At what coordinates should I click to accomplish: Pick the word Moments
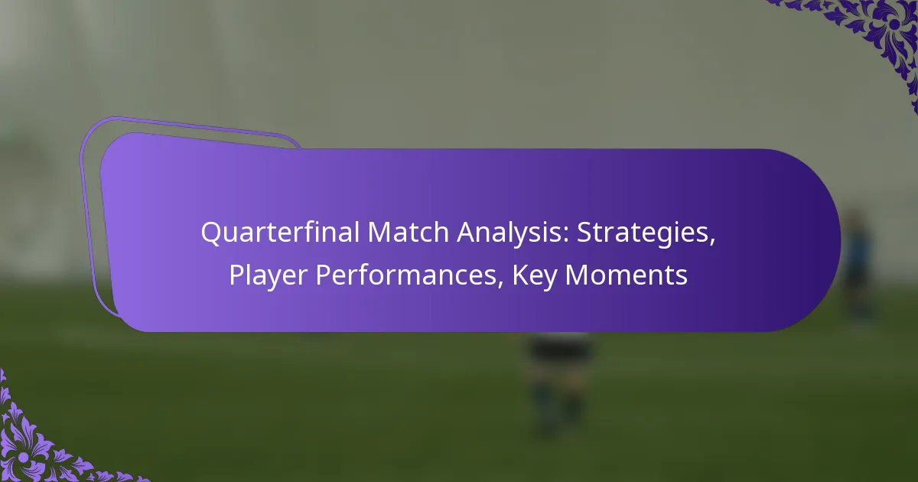click(627, 275)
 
